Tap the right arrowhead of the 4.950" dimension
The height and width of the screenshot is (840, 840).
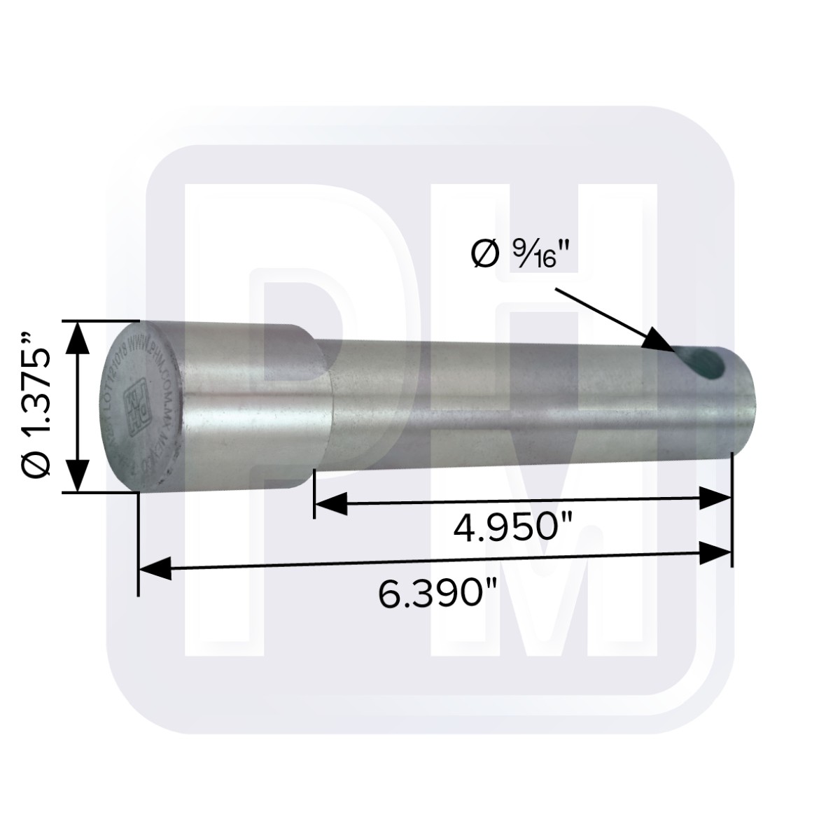coord(715,499)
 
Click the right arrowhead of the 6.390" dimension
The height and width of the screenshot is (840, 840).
coord(715,554)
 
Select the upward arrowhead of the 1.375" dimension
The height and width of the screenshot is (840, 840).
coord(79,336)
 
